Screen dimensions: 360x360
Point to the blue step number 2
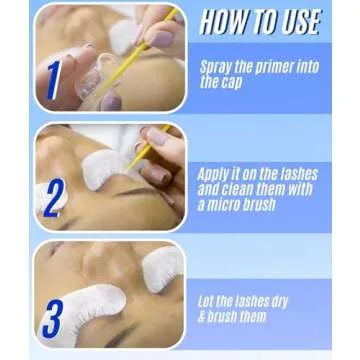54,196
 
